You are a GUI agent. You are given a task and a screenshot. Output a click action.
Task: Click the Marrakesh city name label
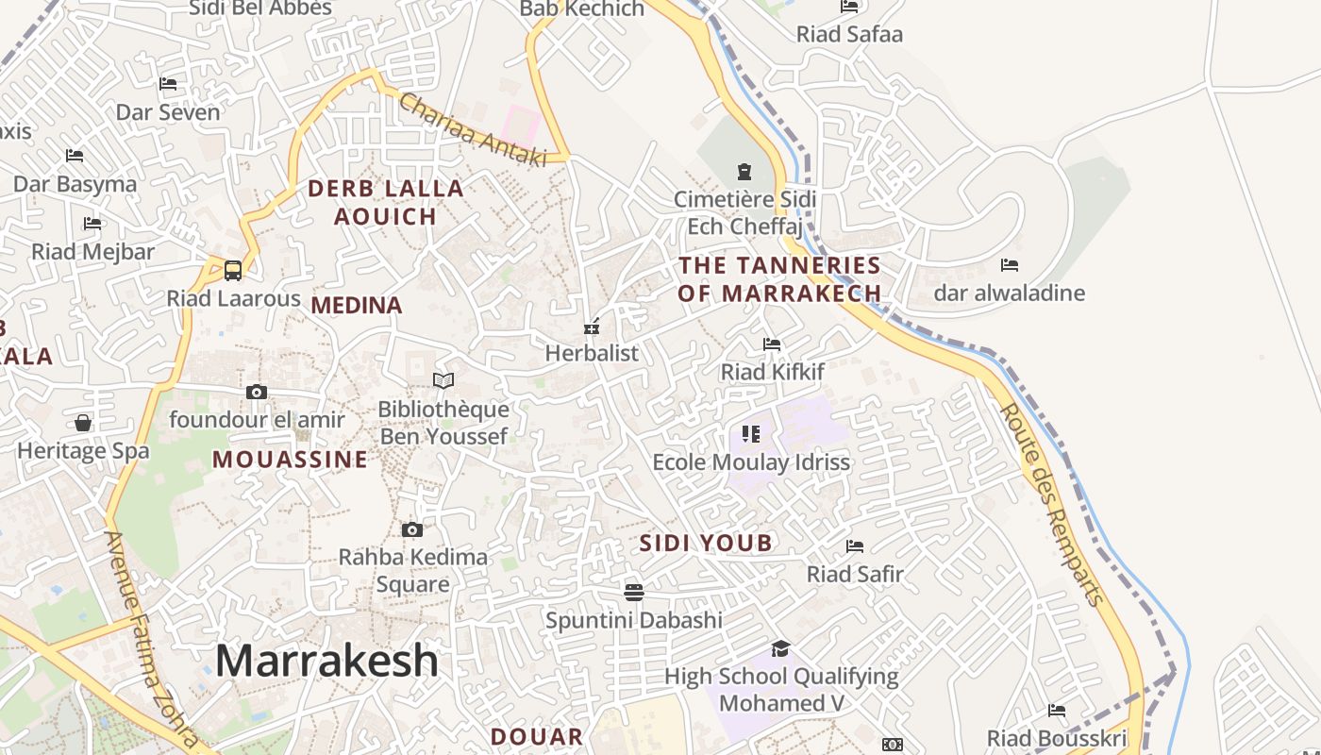(x=326, y=661)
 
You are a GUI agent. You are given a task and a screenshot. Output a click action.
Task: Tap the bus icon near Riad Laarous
(x=233, y=270)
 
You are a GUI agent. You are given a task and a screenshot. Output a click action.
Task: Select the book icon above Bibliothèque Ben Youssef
(x=443, y=380)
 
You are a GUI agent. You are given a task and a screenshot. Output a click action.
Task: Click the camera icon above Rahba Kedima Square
(x=412, y=529)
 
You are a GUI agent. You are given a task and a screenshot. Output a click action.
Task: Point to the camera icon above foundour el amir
(x=257, y=392)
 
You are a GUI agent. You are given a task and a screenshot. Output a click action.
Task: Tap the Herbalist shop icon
(x=592, y=327)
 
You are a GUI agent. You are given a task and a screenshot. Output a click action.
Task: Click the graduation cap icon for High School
(x=780, y=648)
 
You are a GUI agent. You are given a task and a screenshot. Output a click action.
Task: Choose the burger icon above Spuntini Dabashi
(x=634, y=592)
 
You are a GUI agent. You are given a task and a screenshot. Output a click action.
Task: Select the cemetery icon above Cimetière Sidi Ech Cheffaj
(x=744, y=172)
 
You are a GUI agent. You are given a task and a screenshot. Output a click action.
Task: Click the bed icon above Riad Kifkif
(x=772, y=344)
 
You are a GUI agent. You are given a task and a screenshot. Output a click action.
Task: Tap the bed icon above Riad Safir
(x=855, y=545)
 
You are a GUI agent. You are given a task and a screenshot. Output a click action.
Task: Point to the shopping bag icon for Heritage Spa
(x=83, y=423)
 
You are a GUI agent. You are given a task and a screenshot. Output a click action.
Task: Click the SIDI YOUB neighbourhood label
(x=706, y=543)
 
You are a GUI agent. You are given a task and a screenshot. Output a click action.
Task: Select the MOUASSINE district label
(x=290, y=460)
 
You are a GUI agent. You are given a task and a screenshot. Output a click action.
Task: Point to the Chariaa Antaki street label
(x=473, y=129)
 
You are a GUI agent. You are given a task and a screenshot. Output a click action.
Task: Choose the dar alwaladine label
(x=1009, y=293)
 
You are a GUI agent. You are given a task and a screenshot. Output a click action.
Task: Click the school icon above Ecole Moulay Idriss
(x=751, y=433)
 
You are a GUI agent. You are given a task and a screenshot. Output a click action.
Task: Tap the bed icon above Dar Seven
(x=168, y=84)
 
